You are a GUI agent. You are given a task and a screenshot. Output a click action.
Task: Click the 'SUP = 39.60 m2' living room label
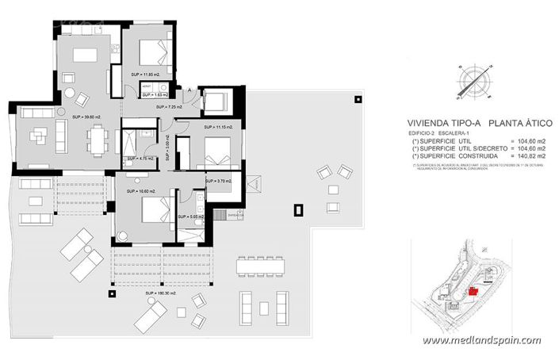click(x=86, y=117)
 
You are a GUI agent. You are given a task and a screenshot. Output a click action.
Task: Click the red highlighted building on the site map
click(x=473, y=291)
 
